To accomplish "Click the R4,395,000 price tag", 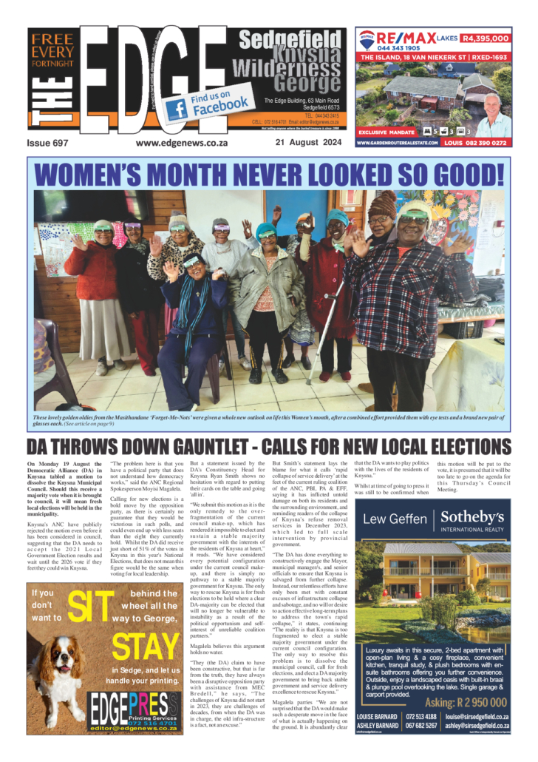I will click(485, 38).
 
